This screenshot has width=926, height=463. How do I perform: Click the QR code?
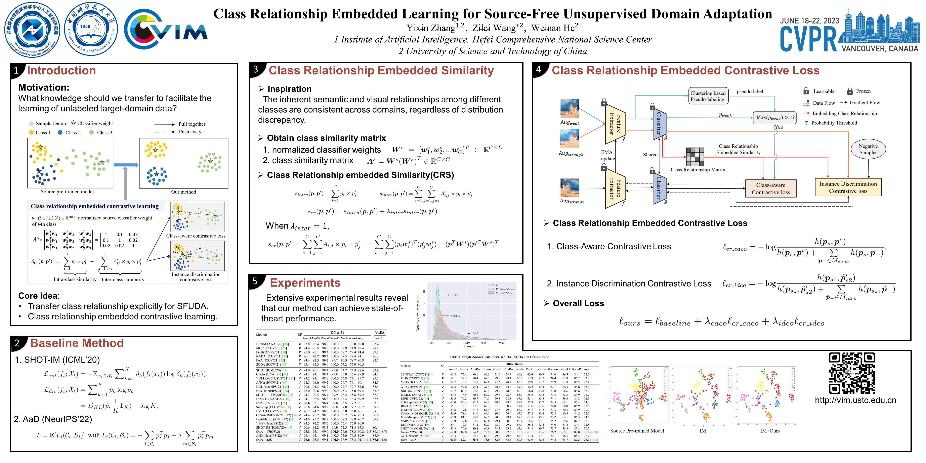coord(852,373)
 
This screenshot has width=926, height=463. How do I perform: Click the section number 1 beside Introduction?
coord(16,71)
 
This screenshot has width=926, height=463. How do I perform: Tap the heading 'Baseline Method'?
coord(77,343)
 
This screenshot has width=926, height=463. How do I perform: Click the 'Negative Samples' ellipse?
coord(868,149)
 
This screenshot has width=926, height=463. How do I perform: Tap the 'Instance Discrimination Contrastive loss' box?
coord(848,187)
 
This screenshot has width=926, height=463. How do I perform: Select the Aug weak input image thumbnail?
coord(570,108)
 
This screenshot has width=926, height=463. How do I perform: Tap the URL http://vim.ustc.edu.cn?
coord(855,400)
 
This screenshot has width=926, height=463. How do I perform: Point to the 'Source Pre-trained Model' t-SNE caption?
coord(637,431)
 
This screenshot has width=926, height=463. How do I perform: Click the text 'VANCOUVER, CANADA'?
coord(880,48)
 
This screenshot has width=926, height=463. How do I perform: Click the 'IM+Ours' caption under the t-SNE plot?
coord(770,431)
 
